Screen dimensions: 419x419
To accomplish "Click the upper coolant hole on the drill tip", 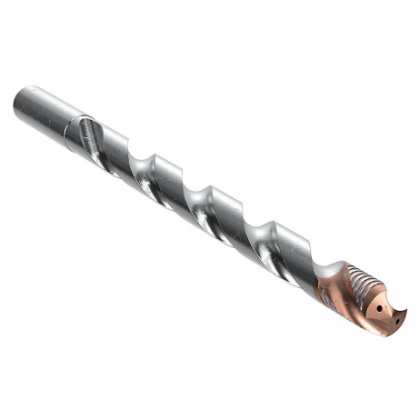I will (379, 307).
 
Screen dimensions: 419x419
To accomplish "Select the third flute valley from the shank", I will (196, 202).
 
